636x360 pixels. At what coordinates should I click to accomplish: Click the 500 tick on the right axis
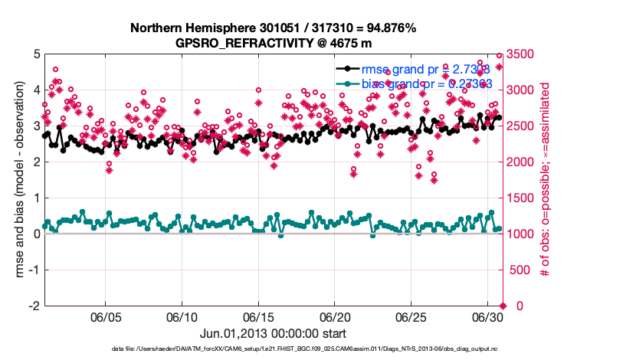click(x=521, y=270)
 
